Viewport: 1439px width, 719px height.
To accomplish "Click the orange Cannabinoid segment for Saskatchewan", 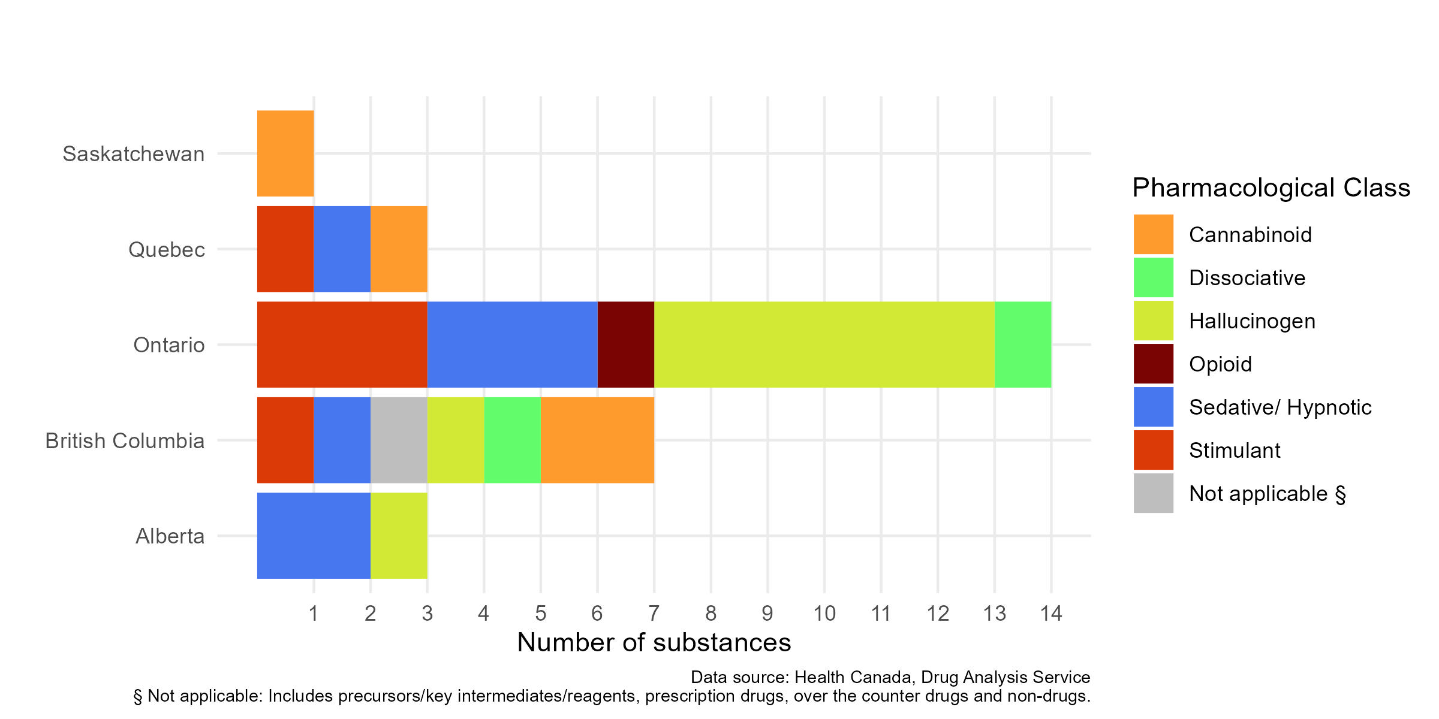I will (x=285, y=153).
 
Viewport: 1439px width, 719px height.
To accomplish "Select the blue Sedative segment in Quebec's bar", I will (x=342, y=249).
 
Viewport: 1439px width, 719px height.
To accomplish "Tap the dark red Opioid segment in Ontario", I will (x=625, y=345).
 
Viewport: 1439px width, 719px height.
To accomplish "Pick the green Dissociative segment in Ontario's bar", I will (x=1022, y=345).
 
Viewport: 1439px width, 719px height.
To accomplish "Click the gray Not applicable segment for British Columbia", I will (x=399, y=440).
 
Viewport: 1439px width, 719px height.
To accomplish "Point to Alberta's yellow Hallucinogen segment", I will (x=399, y=536).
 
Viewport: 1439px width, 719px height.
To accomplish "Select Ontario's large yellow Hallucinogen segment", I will (x=824, y=345).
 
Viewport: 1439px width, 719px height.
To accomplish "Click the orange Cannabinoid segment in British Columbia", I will (x=597, y=440).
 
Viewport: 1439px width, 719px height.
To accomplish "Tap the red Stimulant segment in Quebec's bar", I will (x=285, y=249).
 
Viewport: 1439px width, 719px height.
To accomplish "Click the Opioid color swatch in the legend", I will (x=1153, y=364).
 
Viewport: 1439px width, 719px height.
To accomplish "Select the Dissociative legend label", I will (x=1247, y=278).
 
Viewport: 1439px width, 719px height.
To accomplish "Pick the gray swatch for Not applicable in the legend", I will (x=1153, y=493).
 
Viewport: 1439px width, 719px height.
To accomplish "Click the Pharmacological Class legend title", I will (x=1271, y=188).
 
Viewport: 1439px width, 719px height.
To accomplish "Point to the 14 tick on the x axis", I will (x=1051, y=614).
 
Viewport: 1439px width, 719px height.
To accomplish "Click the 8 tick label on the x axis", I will (x=711, y=614).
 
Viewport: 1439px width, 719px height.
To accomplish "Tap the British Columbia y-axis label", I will (x=125, y=441).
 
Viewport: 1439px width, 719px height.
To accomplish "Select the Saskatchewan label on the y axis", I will (x=133, y=154).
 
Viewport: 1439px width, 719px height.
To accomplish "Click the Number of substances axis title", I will (x=654, y=642).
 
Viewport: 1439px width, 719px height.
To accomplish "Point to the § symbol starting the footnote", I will (x=138, y=696).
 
